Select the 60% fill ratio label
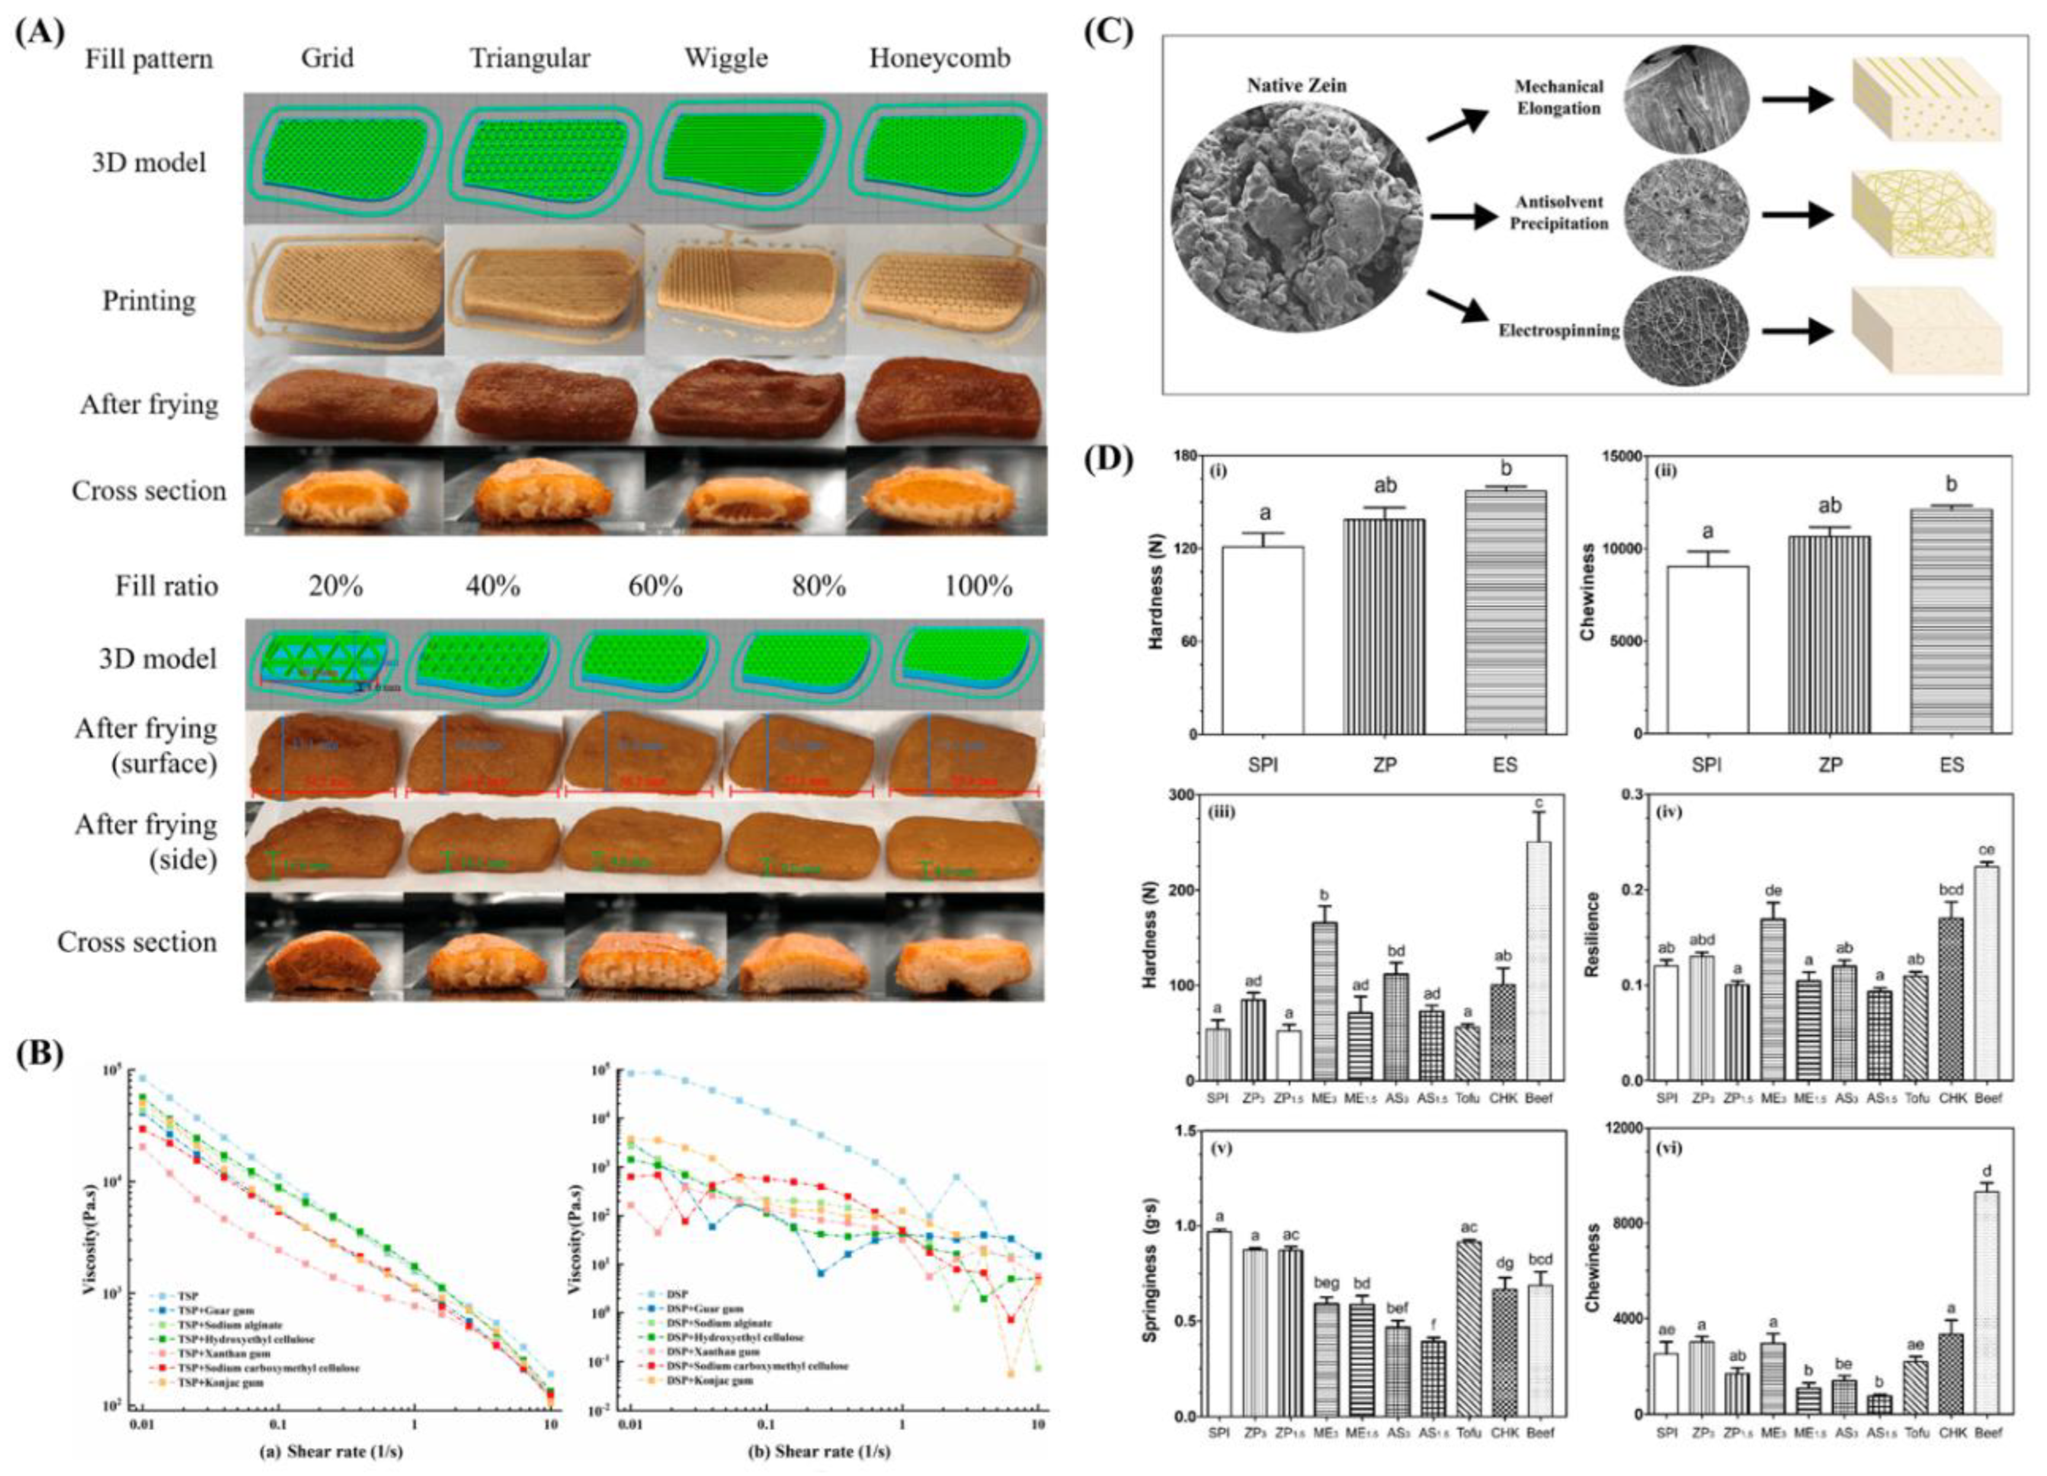(655, 587)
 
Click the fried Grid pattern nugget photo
(343, 404)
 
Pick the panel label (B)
(39, 1056)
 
